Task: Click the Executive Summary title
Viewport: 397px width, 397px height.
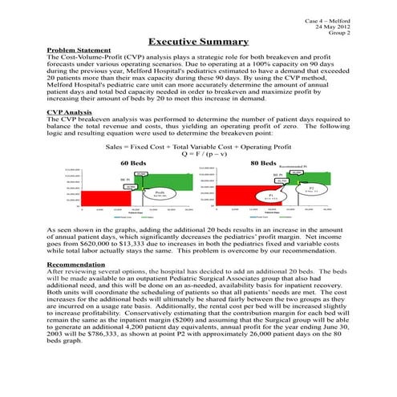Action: (198, 41)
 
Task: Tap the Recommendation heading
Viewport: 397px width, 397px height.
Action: (81, 239)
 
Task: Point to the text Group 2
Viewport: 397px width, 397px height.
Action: (336, 33)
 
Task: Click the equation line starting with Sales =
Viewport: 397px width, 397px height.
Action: (198, 147)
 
